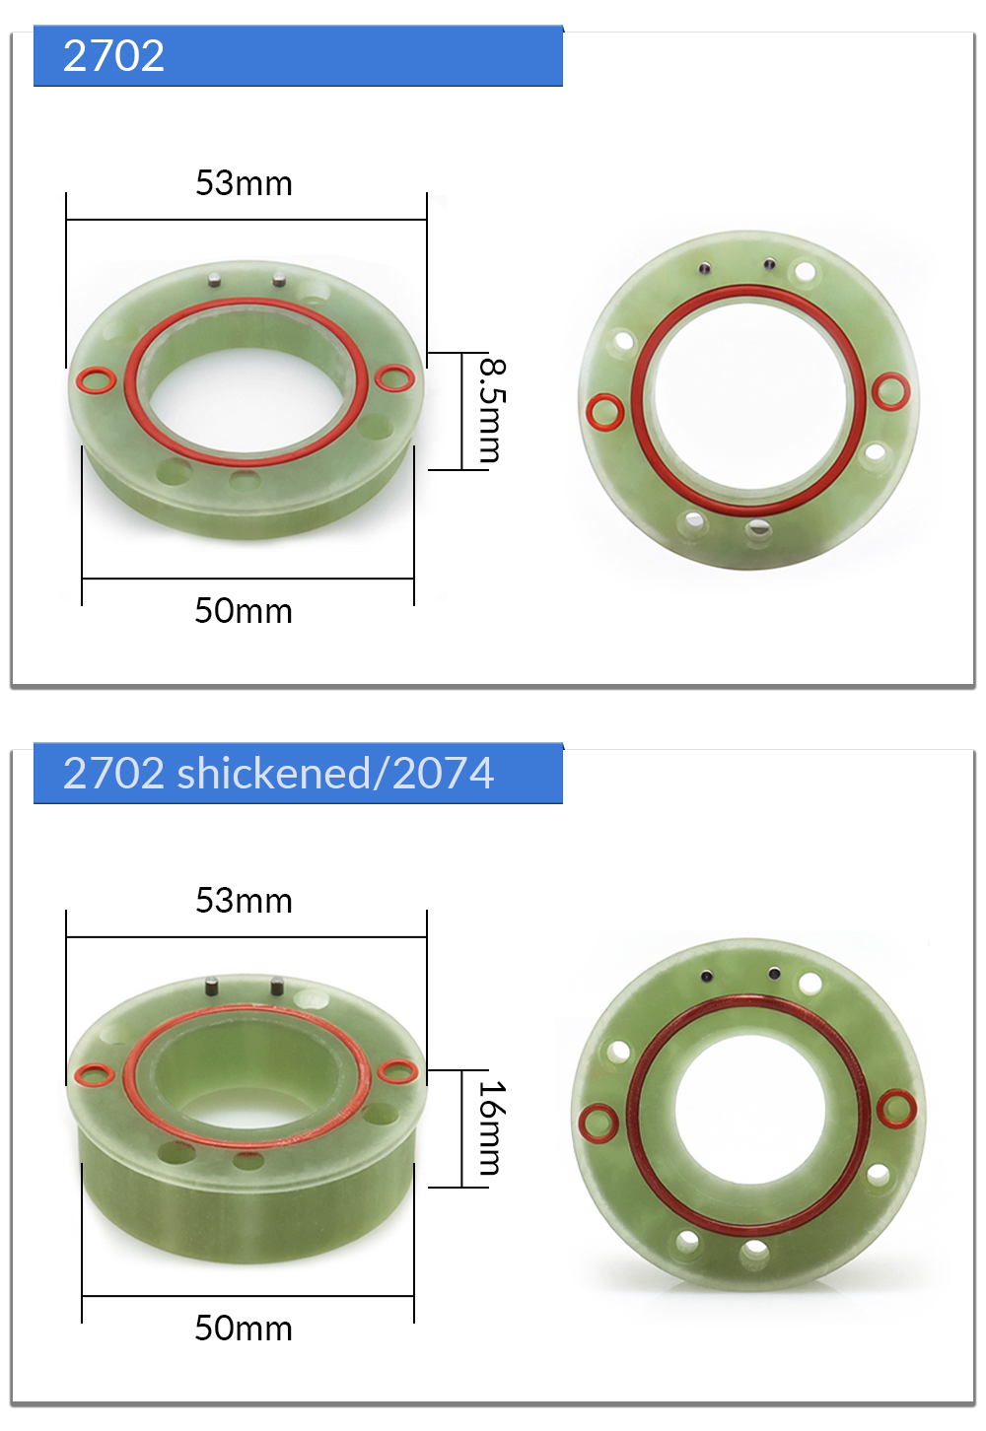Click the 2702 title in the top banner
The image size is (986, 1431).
coord(113,55)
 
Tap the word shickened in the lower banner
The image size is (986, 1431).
coord(273,773)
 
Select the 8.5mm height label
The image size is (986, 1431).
coord(493,410)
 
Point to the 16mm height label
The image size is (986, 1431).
coord(493,1127)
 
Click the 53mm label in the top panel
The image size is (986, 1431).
coord(244,183)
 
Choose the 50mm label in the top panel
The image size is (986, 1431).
coord(244,611)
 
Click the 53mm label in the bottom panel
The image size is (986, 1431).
coord(244,901)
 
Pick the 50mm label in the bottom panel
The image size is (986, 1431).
coord(244,1329)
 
